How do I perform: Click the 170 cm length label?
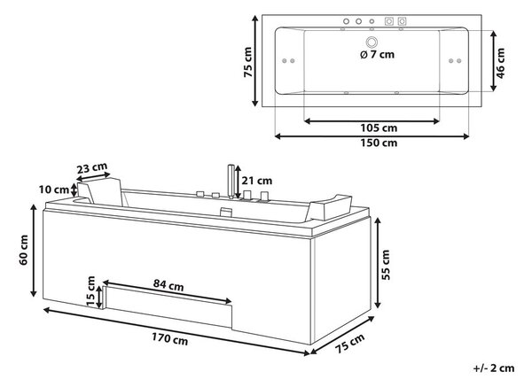click(x=169, y=338)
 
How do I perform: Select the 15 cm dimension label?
click(x=90, y=290)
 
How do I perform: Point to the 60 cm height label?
click(x=23, y=250)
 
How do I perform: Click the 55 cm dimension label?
click(x=386, y=265)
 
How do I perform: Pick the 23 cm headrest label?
click(x=91, y=167)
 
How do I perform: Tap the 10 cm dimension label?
click(x=54, y=190)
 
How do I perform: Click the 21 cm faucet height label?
click(x=257, y=181)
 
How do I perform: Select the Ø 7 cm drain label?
click(x=378, y=54)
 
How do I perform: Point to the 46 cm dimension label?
click(x=500, y=64)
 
